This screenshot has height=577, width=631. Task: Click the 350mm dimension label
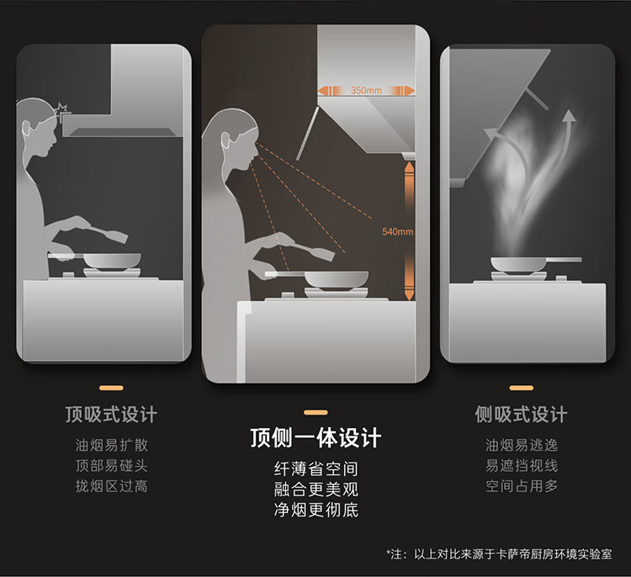pyautogui.click(x=366, y=91)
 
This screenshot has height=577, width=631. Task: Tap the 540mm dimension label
pyautogui.click(x=398, y=231)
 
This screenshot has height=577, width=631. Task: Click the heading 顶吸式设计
pyautogui.click(x=111, y=415)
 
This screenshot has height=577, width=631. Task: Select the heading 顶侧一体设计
pyautogui.click(x=315, y=437)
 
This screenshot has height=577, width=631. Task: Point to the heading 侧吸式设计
pyautogui.click(x=521, y=415)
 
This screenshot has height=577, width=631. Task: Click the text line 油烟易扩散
pyautogui.click(x=111, y=445)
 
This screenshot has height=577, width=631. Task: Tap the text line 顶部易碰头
pyautogui.click(x=111, y=465)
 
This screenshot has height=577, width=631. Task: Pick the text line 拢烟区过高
pyautogui.click(x=111, y=486)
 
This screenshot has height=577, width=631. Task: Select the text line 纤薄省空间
pyautogui.click(x=315, y=468)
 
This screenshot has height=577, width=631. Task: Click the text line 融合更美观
pyautogui.click(x=315, y=490)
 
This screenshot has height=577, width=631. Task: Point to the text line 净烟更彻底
pyautogui.click(x=315, y=511)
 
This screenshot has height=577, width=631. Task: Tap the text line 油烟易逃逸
pyautogui.click(x=522, y=445)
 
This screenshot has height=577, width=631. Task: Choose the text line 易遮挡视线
pyautogui.click(x=522, y=465)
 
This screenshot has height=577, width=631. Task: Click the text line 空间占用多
pyautogui.click(x=522, y=486)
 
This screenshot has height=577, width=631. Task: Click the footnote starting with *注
pyautogui.click(x=499, y=554)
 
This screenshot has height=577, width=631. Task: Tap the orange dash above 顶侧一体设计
pyautogui.click(x=315, y=412)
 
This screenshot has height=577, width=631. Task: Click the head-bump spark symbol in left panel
pyautogui.click(x=61, y=109)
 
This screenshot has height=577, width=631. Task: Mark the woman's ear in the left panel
pyautogui.click(x=26, y=129)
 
